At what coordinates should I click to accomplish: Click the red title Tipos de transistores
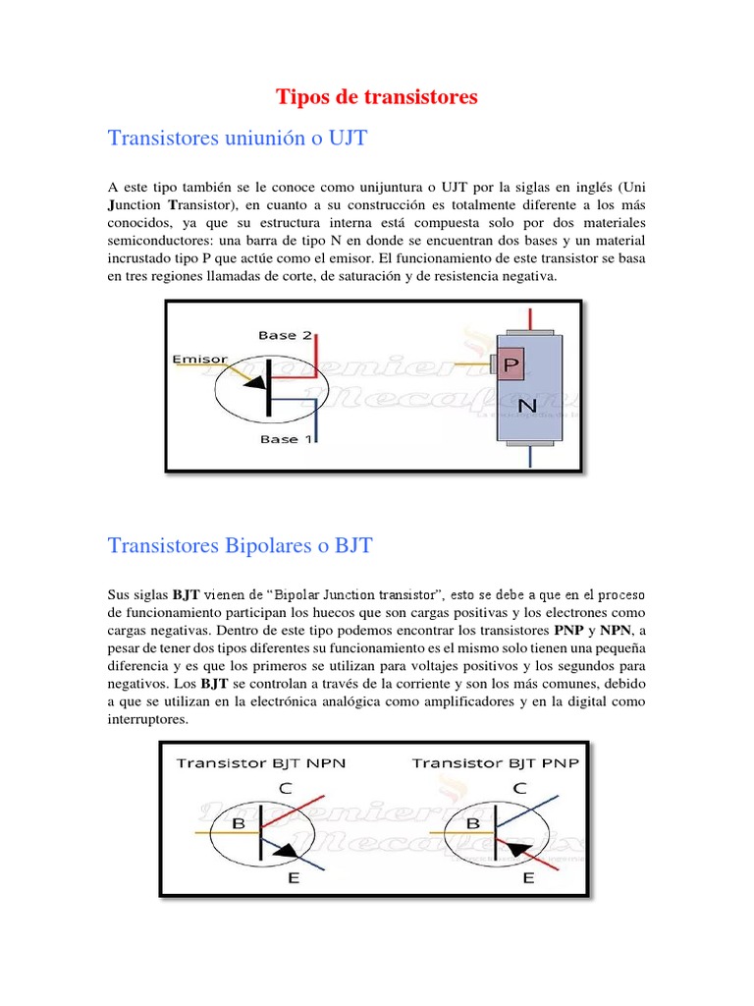pyautogui.click(x=376, y=96)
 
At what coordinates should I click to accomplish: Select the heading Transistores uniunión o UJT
pyautogui.click(x=238, y=138)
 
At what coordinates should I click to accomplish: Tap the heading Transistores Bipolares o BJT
pyautogui.click(x=241, y=545)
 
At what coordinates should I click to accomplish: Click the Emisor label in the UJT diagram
pyautogui.click(x=199, y=360)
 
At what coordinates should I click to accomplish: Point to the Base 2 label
pyautogui.click(x=285, y=335)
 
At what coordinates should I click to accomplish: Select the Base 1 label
pyautogui.click(x=286, y=439)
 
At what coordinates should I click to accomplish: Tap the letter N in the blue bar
pyautogui.click(x=527, y=405)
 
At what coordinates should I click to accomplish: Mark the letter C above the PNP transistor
pyautogui.click(x=520, y=787)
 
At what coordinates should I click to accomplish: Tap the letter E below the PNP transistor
pyautogui.click(x=528, y=877)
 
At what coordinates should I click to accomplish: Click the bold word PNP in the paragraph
pyautogui.click(x=569, y=629)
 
